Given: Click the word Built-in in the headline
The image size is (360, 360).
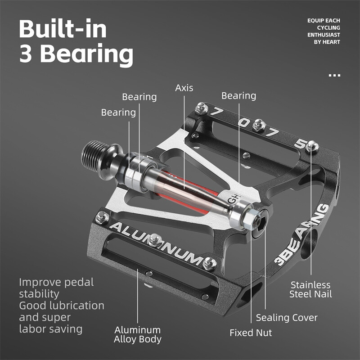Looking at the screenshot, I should coord(63,29).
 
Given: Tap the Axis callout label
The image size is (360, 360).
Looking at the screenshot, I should coord(184,87).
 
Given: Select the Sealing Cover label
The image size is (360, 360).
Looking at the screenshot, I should coord(287,318).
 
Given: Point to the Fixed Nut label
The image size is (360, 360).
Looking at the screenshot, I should coord(251,333).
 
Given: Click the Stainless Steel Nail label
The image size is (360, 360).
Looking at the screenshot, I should coord(310,289).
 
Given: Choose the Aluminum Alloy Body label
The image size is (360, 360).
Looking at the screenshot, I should coord(137,335).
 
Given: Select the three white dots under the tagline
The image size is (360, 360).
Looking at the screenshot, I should coord(334,75).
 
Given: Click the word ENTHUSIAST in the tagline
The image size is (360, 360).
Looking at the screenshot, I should coord(324,35).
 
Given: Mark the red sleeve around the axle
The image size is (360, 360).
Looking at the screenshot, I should coord(189,189).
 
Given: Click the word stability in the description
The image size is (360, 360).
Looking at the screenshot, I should coord(39,294).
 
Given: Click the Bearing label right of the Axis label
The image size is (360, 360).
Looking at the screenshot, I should coord(238,95).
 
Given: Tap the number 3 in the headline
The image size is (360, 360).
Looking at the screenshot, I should coord(28,54).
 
